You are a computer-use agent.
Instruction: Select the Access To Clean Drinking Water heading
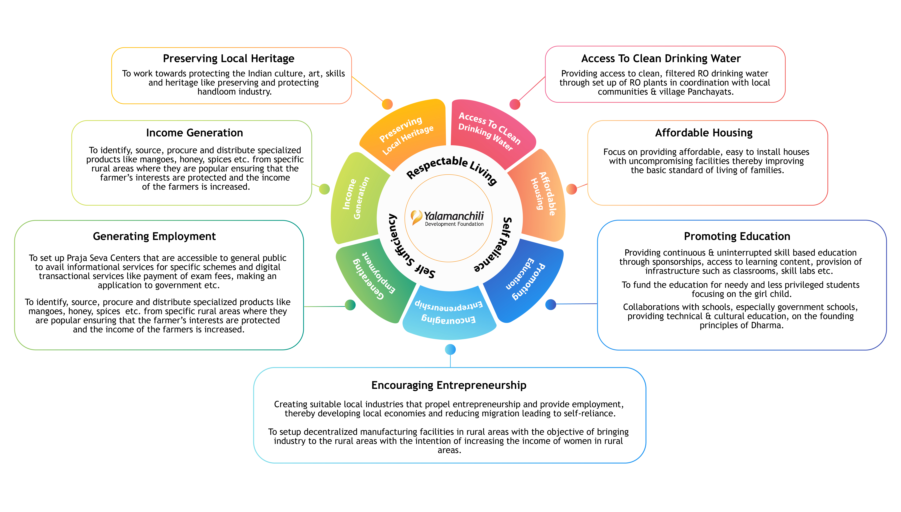[x=661, y=58]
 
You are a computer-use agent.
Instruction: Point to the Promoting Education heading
[x=737, y=236]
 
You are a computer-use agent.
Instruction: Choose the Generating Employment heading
[x=154, y=236]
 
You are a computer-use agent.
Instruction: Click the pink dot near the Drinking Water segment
[x=515, y=104]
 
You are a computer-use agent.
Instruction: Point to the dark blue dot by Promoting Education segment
[x=551, y=305]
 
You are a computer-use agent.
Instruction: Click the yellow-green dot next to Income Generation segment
[x=324, y=189]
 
